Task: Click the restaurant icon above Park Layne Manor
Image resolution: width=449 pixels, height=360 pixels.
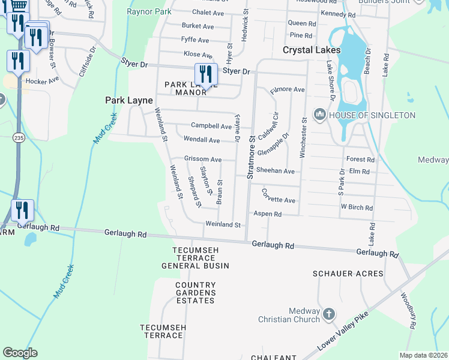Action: coord(206,74)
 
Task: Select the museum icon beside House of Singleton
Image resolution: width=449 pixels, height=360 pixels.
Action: coord(319,114)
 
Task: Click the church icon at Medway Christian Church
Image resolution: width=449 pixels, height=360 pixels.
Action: coord(328,314)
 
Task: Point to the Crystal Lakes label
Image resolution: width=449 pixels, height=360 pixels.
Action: coord(312,50)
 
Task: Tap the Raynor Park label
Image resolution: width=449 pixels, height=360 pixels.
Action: coord(149,11)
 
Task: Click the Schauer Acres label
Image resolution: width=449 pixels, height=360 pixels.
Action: coord(348,274)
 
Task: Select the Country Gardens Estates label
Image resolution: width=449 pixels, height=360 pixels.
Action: coord(195,293)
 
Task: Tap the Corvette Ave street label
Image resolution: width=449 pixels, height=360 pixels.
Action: coord(278,196)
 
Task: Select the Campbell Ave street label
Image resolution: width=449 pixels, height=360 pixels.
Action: coord(211,126)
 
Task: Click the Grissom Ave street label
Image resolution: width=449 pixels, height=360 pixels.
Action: coord(203,160)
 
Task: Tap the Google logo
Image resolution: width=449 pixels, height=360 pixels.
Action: coord(20,352)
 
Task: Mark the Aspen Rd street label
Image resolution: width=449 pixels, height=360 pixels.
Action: coord(267,214)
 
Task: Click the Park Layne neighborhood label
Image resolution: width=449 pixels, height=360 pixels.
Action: coord(128,100)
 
